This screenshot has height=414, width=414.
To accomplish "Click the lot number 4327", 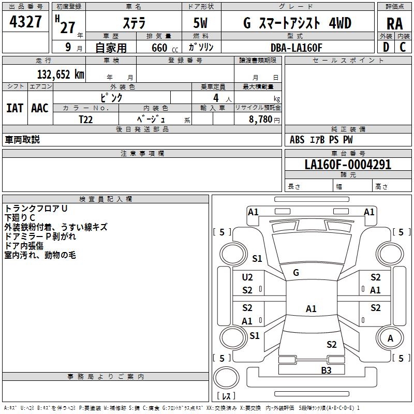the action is click(x=25, y=22).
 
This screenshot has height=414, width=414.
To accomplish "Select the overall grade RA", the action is click(x=394, y=24).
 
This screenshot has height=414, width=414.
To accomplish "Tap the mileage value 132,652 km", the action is click(x=61, y=75).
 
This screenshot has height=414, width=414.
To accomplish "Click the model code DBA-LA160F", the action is click(x=296, y=48).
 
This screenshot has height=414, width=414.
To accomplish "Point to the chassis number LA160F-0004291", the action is click(x=348, y=165).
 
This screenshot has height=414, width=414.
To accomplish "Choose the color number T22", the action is click(x=85, y=120).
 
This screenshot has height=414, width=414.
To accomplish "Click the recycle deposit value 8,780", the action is click(x=260, y=120).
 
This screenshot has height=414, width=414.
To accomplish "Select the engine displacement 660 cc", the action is click(x=165, y=48).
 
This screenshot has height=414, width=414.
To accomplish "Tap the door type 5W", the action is click(x=200, y=23).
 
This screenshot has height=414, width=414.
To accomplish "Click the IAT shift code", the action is click(x=15, y=108).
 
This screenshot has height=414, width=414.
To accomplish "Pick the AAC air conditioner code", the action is click(x=40, y=108).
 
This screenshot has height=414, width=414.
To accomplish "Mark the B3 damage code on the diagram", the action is click(x=326, y=371).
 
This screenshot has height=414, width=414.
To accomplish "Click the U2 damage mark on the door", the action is click(x=247, y=277).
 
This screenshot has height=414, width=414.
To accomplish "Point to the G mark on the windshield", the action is click(x=296, y=273).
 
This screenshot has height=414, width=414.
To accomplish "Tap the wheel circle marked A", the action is click(x=390, y=338).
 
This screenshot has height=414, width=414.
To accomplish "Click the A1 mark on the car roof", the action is click(x=311, y=308).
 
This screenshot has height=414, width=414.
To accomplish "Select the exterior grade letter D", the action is click(x=386, y=47).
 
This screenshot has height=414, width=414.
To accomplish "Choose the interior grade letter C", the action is click(x=403, y=47).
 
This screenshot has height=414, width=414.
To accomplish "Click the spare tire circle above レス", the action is click(x=226, y=378).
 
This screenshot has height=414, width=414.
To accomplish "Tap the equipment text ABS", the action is click(x=297, y=140).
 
